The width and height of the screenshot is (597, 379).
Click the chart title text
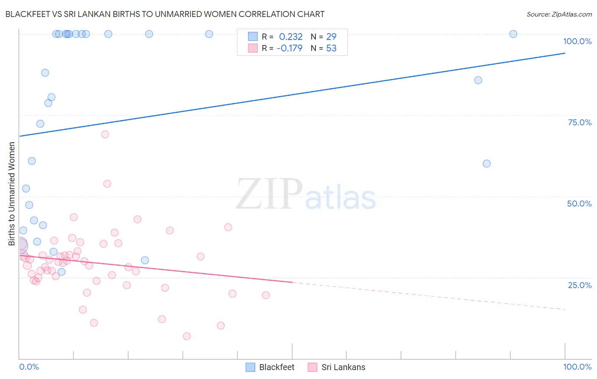click(165, 14)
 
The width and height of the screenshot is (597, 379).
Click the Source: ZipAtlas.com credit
click(559, 14)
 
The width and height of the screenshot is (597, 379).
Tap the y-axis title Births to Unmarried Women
click(11, 194)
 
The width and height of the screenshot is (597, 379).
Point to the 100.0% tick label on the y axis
click(577, 41)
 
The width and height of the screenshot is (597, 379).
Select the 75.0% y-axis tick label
click(580, 122)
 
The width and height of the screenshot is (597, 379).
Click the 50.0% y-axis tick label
click(579, 204)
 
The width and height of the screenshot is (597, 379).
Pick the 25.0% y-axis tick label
click(580, 285)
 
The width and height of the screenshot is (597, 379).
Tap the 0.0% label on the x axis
click(29, 367)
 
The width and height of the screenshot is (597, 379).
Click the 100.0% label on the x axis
click(577, 367)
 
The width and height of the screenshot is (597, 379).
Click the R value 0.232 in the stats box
click(290, 37)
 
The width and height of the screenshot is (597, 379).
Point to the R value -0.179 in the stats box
click(289, 48)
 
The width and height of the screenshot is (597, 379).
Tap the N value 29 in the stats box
click(331, 37)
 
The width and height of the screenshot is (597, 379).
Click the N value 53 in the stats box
click(331, 48)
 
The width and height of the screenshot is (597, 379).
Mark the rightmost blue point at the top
click(513, 34)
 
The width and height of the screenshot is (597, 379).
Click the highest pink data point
click(105, 134)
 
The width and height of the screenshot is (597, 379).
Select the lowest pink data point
click(187, 336)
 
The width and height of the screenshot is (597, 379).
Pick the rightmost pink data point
click(266, 295)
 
